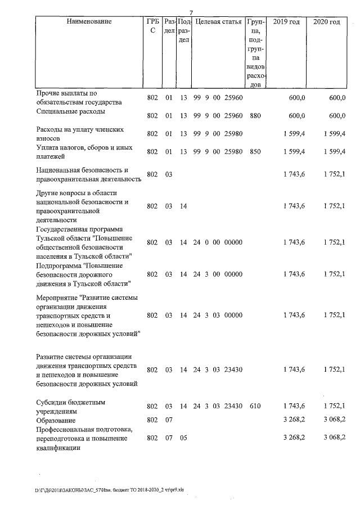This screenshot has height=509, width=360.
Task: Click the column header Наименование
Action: pos(89,22)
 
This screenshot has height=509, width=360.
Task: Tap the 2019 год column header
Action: pos(286,22)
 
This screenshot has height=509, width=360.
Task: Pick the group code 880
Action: pos(256,116)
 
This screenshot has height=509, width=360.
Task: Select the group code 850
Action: pos(256,152)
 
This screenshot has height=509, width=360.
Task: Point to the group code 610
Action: pos(256,406)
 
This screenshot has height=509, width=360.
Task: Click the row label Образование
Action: pos(56,420)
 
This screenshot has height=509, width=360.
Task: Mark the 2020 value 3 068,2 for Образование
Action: pos(334,420)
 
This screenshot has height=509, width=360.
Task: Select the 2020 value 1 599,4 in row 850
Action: pos(334,152)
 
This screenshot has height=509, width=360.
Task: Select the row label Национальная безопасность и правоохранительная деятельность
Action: pos(88,174)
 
